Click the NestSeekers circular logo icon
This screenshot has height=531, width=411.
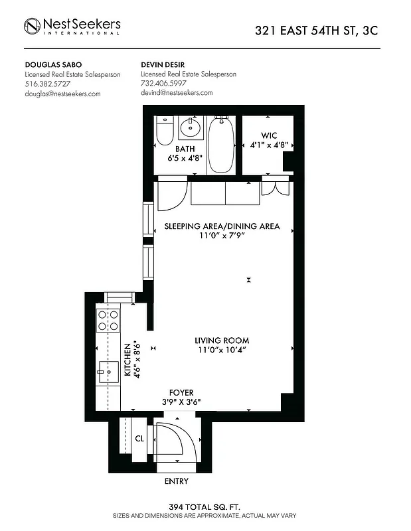33,26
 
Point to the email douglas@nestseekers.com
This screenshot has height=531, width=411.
62,94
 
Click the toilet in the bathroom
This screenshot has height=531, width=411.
165,131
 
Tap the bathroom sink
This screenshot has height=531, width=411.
191,127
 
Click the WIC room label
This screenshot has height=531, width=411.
268,135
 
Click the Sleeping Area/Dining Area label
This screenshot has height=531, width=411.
222,226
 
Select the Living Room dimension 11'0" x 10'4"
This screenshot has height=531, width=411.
222,350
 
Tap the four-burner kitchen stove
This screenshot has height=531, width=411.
108,321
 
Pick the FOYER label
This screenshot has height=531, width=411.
181,392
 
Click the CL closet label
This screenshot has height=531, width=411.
140,438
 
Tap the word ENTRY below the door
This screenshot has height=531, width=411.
176,481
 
